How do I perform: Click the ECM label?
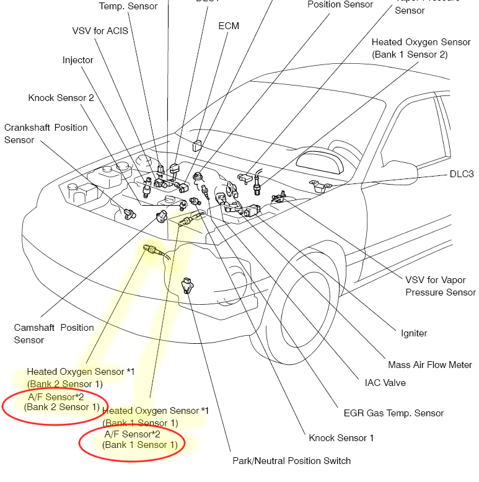click(x=229, y=26)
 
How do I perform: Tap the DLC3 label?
click(x=461, y=174)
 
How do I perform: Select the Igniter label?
click(x=413, y=333)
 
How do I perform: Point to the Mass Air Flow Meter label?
click(x=429, y=365)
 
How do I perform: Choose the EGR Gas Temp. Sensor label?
click(x=393, y=413)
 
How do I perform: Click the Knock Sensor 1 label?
click(x=341, y=438)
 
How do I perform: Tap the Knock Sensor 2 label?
click(x=61, y=98)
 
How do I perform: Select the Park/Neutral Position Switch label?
click(x=291, y=461)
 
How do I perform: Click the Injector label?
click(x=77, y=60)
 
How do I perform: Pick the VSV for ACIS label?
click(x=100, y=30)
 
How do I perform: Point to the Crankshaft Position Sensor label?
click(x=45, y=133)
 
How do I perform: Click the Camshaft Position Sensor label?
click(x=54, y=333)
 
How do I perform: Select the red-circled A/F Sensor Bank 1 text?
click(x=140, y=440)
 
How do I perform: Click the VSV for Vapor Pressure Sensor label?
click(x=441, y=286)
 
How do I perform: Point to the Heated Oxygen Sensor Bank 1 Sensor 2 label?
click(x=421, y=48)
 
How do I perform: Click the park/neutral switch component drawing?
click(x=187, y=286)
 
